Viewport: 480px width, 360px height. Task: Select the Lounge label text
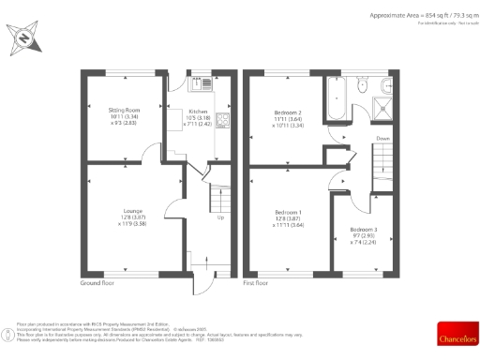131,211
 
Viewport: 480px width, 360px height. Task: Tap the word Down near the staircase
382,139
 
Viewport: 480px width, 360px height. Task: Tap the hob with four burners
223,120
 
